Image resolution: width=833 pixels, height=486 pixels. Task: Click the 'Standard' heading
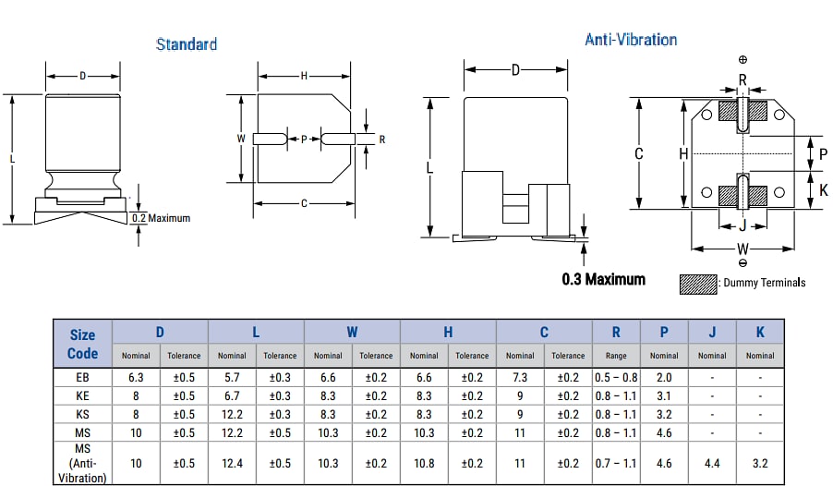click(x=187, y=44)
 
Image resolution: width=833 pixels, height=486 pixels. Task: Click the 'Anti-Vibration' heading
click(x=631, y=40)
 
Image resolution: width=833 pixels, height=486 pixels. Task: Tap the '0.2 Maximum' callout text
click(x=161, y=218)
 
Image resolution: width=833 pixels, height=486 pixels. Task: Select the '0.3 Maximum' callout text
click(x=603, y=279)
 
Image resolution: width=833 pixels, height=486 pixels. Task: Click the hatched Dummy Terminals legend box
click(x=698, y=284)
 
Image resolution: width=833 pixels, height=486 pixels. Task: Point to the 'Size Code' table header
click(x=82, y=344)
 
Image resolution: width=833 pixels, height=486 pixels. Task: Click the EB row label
click(x=82, y=377)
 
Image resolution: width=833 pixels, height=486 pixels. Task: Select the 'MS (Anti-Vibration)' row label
click(x=82, y=463)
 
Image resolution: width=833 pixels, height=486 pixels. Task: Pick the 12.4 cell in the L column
click(x=232, y=463)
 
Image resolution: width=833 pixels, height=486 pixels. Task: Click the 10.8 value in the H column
click(x=424, y=463)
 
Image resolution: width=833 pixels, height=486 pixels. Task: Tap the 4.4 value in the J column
click(x=712, y=463)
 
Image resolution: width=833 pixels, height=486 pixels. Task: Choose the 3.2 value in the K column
click(x=760, y=463)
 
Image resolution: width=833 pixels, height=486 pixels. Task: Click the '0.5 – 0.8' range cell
click(x=616, y=377)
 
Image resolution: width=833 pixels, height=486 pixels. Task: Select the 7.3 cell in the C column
click(x=520, y=377)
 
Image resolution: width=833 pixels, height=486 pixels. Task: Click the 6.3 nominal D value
click(x=136, y=377)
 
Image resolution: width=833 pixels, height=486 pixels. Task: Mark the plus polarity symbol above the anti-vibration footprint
click(x=743, y=60)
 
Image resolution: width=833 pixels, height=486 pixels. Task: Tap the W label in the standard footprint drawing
click(x=241, y=139)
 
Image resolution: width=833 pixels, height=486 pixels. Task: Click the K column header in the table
click(x=760, y=332)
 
